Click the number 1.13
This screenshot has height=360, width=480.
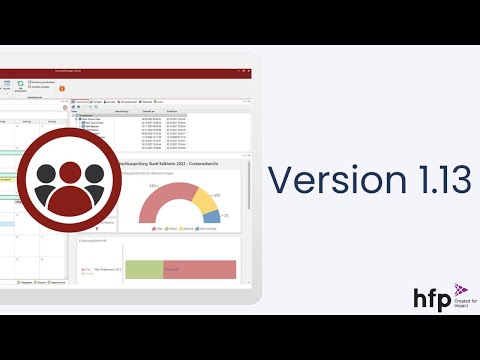(429, 180)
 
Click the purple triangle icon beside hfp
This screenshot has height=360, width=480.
(460, 291)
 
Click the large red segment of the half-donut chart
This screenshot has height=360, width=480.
(160, 200)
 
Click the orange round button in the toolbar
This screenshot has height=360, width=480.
(63, 88)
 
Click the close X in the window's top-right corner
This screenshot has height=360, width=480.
(244, 72)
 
